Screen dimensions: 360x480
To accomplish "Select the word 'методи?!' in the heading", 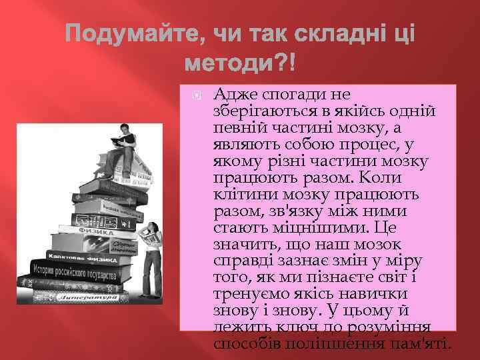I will (x=239, y=65).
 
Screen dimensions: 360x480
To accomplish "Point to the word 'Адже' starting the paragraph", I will (x=232, y=95).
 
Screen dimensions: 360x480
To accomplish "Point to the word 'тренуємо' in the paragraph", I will (x=249, y=294).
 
